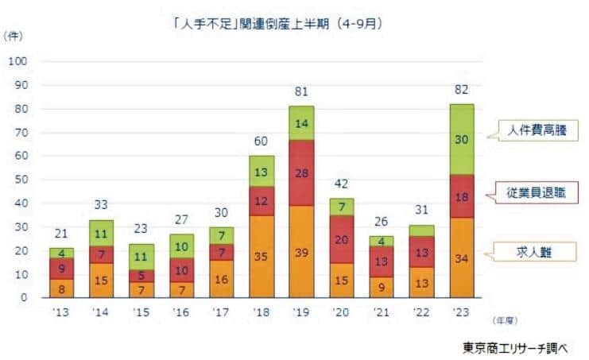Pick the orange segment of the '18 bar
tap(262, 256)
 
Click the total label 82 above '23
tap(460, 89)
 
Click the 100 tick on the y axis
tap(19, 61)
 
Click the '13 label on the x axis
tap(61, 313)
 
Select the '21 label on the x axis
tap(381, 313)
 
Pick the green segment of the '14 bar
tap(102, 233)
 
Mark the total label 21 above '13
tap(61, 234)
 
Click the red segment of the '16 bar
tap(181, 269)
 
